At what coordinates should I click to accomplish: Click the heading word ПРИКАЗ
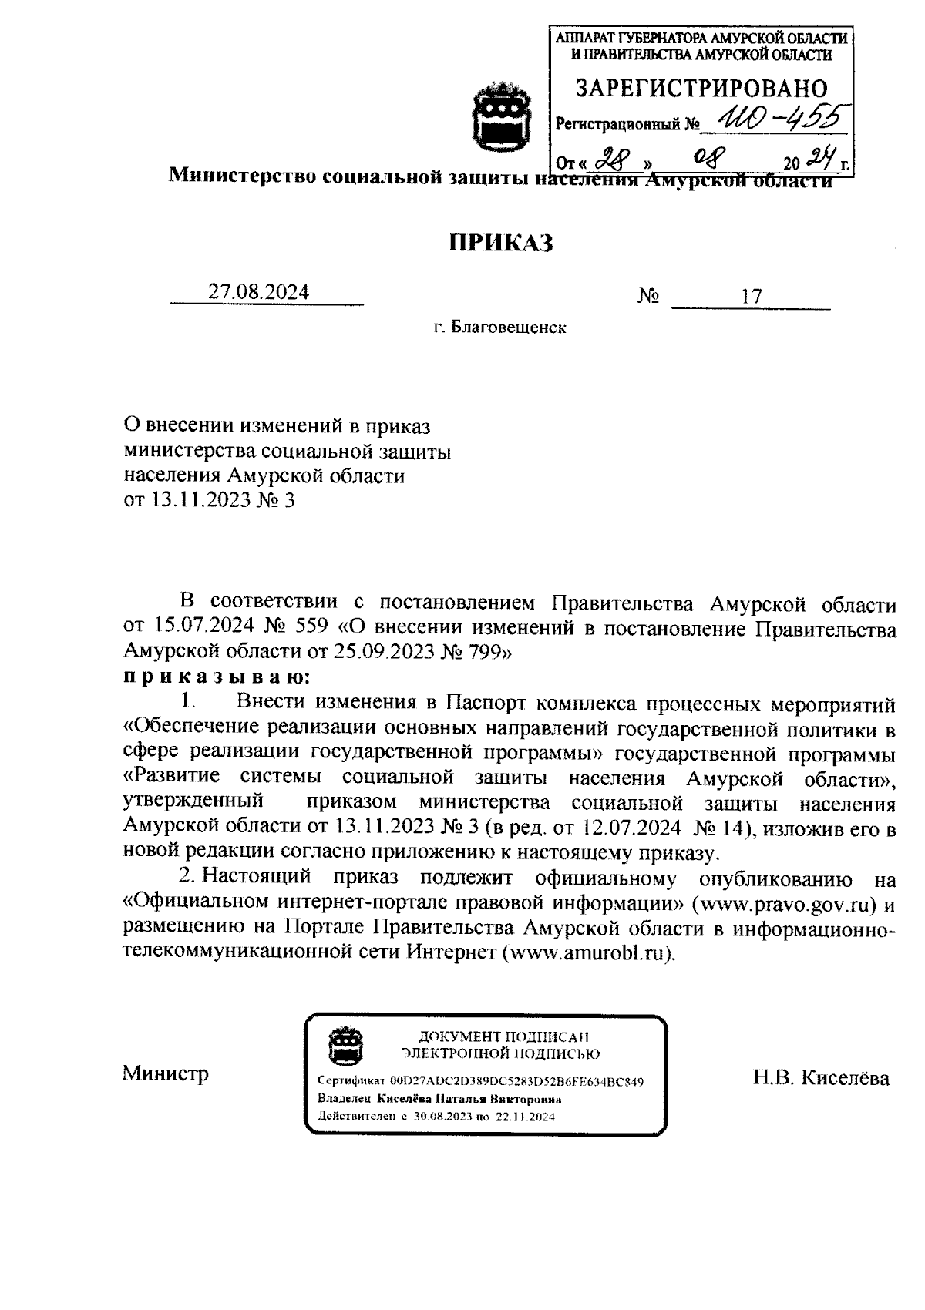502,243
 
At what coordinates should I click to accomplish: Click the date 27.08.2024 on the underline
259,293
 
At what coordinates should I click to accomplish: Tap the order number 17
751,296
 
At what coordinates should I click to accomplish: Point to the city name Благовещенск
509,328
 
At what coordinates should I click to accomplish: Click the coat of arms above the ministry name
503,116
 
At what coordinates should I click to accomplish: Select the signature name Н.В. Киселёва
821,1077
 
